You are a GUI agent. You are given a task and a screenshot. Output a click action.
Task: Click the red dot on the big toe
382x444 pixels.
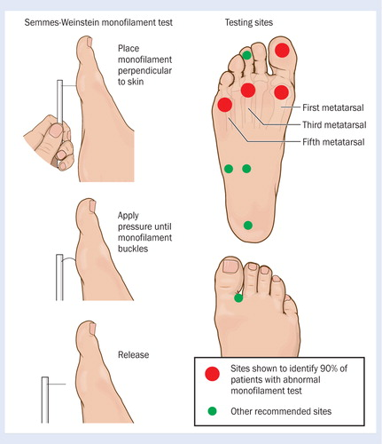282,50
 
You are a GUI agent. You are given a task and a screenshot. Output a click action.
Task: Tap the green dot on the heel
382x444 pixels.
248,226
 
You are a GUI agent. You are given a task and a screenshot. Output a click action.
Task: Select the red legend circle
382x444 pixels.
212,374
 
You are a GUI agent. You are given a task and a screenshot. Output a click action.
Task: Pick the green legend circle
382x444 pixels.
212,411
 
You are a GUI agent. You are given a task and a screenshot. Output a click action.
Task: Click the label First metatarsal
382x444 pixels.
333,107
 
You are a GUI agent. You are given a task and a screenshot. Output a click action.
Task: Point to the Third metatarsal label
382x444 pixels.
334,124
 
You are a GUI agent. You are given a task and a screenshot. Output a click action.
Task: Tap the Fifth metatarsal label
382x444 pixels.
333,142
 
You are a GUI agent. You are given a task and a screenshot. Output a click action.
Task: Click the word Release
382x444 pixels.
133,354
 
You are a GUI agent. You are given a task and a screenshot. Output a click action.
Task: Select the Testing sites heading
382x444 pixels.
249,22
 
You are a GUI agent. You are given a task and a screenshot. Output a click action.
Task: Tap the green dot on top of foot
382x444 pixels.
238,297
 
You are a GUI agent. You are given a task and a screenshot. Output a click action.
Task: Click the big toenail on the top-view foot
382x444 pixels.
230,266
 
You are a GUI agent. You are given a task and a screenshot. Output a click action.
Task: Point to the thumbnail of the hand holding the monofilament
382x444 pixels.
56,131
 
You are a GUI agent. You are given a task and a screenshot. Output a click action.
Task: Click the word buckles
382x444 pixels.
133,249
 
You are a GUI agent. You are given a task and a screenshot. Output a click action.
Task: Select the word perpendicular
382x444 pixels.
144,71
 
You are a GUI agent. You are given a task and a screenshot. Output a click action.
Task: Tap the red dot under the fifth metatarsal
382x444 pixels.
224,105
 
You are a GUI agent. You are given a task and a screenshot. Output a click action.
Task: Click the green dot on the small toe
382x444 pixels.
246,55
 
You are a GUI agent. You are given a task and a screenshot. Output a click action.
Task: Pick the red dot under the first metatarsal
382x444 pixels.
281,92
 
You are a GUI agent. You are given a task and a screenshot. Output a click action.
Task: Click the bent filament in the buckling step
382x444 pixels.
68,258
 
